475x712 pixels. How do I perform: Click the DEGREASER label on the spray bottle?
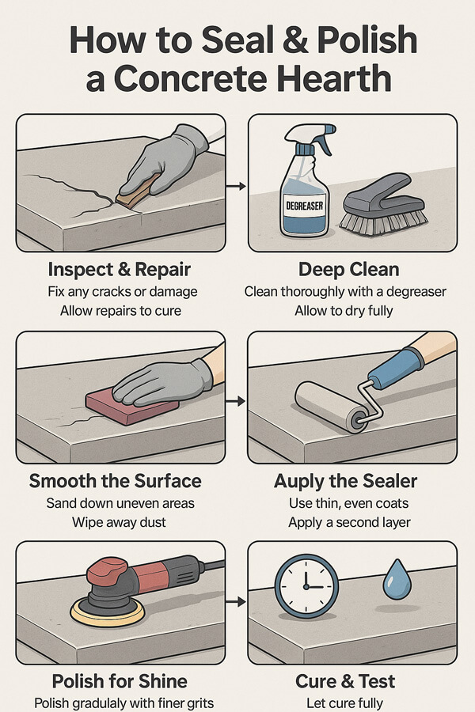305,206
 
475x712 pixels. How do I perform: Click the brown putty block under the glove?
135,194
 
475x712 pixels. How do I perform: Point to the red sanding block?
132,406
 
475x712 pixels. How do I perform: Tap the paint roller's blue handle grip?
396,369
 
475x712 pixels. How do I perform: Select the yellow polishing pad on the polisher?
108,613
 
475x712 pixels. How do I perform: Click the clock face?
306,585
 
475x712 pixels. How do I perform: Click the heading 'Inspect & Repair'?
119,269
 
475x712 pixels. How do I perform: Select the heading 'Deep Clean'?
349,269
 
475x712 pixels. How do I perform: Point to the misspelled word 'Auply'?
296,481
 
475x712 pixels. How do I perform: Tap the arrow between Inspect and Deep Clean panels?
236,186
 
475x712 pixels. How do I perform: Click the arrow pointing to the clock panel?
236,602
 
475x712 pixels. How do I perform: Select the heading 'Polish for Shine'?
120,681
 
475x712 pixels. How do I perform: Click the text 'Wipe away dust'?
119,522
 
